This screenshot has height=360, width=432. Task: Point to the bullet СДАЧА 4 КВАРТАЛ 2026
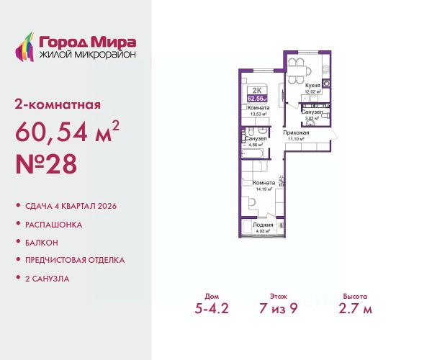(70, 206)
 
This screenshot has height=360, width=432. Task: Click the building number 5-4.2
(217, 310)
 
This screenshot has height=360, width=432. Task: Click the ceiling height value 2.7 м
(356, 310)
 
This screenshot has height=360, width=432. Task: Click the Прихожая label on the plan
(295, 133)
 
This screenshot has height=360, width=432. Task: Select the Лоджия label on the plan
(263, 225)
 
